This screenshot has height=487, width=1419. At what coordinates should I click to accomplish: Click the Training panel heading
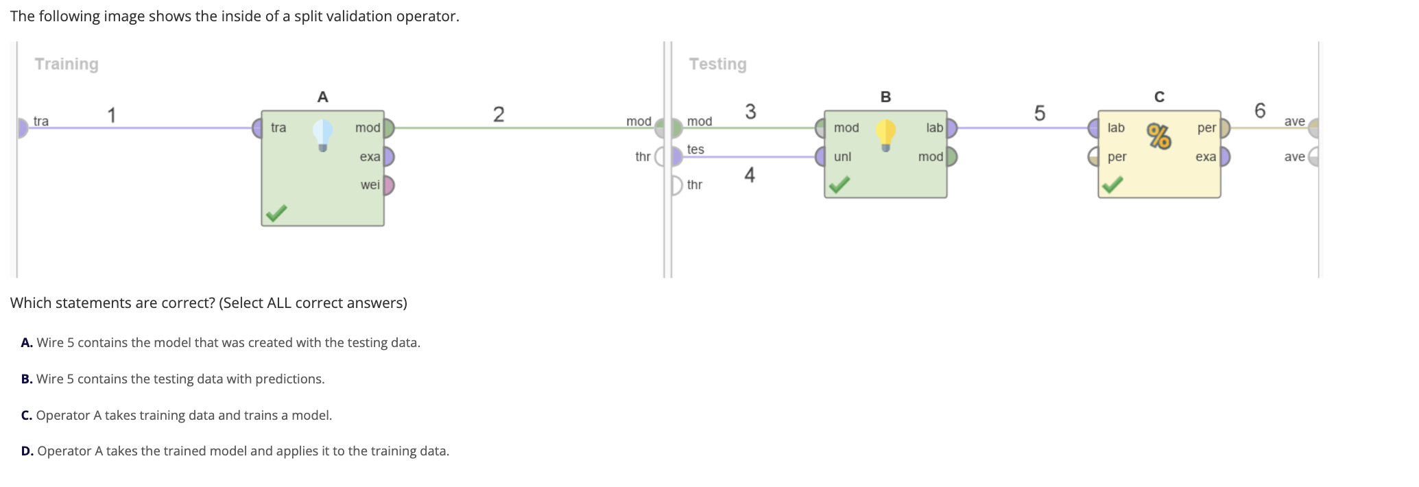click(67, 64)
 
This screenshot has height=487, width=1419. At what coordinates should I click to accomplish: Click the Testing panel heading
click(717, 64)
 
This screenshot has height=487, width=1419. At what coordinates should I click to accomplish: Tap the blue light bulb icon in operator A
click(322, 134)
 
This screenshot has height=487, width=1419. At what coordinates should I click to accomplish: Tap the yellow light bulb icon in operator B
click(885, 134)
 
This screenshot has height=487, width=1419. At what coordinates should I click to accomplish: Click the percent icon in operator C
click(1159, 136)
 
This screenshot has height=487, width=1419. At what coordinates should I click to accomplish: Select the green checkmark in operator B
click(839, 185)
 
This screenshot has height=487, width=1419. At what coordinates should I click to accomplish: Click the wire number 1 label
click(112, 115)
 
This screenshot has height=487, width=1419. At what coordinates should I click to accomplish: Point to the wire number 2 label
click(499, 114)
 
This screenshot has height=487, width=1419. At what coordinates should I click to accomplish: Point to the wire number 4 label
click(750, 176)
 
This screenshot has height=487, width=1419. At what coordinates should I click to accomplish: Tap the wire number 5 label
click(1040, 113)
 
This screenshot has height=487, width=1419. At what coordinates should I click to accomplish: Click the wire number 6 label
click(1259, 110)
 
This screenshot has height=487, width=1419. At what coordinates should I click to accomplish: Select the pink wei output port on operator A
click(388, 185)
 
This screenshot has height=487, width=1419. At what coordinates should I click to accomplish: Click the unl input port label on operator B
click(842, 156)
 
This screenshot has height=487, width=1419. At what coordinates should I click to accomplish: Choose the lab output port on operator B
click(951, 128)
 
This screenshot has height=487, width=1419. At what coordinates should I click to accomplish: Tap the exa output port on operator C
click(1225, 156)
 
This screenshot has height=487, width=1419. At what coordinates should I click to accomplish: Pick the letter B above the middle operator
click(885, 97)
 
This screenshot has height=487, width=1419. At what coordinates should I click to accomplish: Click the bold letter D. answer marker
click(27, 451)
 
